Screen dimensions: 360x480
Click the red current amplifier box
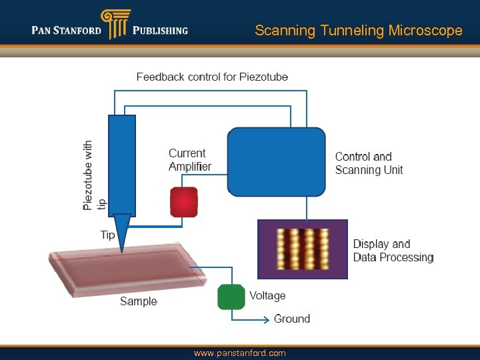coord(184,202)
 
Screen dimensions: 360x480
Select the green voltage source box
coord(231,297)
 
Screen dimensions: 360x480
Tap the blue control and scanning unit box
coord(276,162)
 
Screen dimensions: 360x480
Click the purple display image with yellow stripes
coord(303,249)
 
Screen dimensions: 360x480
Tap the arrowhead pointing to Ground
coord(266,319)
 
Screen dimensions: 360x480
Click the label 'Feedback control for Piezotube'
coord(212,77)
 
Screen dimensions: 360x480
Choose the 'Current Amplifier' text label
coord(190,160)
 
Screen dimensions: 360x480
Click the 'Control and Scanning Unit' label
coord(369,163)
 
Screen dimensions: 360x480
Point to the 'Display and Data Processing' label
coord(393,251)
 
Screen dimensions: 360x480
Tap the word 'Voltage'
coord(267,295)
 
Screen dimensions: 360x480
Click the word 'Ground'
coord(292,319)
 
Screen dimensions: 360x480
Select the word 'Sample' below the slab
coord(138,301)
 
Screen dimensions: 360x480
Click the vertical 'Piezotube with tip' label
coord(93,175)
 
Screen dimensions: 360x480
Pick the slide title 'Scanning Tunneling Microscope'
coord(358,31)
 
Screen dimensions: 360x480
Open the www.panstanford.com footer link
coord(239,353)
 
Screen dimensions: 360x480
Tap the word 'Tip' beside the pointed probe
coord(107,235)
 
